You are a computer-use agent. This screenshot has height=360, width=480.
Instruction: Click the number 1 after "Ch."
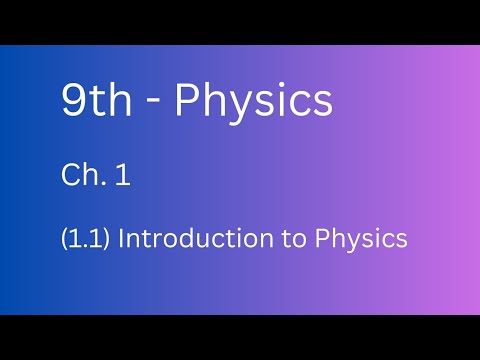click(124, 177)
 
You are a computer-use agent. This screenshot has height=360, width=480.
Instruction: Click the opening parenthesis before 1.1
click(64, 240)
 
